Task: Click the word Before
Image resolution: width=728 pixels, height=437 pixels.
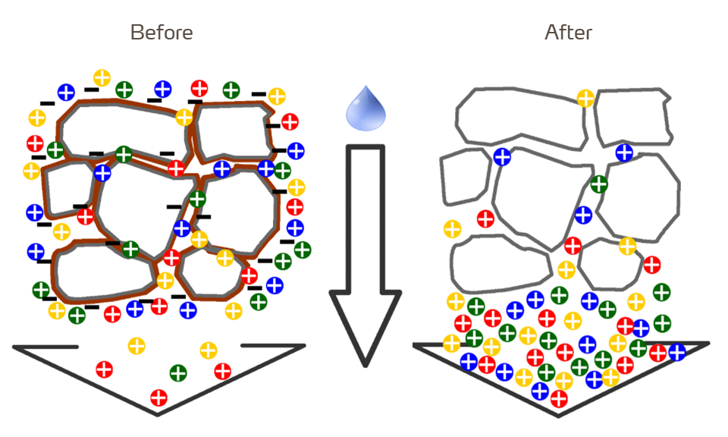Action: click(x=162, y=33)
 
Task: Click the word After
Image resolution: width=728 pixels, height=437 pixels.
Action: click(x=568, y=33)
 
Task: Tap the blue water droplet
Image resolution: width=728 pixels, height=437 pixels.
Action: click(x=366, y=108)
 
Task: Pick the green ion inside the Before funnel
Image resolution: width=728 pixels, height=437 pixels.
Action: click(x=178, y=373)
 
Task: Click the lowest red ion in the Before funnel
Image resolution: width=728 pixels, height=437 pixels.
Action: click(x=158, y=397)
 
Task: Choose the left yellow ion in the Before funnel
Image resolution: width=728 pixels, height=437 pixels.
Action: click(x=136, y=346)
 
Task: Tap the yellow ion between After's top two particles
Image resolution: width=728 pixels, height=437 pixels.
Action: click(x=585, y=98)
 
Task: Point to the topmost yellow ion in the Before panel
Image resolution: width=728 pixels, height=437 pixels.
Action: click(x=102, y=77)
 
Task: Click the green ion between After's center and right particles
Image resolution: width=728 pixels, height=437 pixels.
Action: click(x=599, y=184)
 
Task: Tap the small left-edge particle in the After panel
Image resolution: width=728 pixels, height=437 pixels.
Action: click(x=464, y=175)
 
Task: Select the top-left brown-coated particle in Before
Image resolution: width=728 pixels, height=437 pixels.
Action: click(x=121, y=128)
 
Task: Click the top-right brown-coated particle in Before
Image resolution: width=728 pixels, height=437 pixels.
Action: click(x=233, y=130)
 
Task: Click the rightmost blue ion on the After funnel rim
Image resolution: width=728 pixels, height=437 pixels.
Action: click(x=676, y=352)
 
